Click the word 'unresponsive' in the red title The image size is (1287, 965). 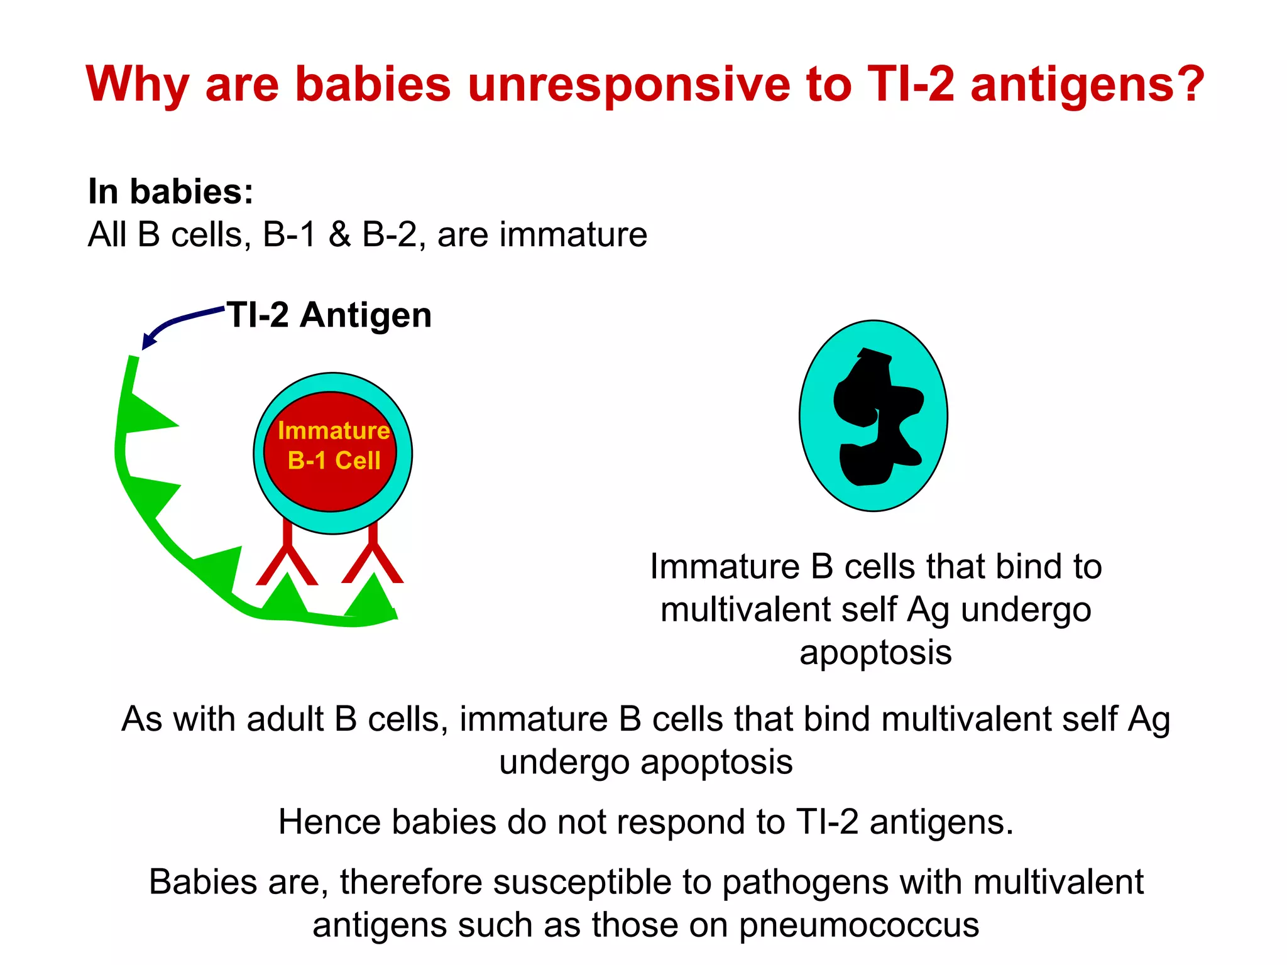click(629, 85)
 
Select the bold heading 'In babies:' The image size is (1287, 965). click(170, 192)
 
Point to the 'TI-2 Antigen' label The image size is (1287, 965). click(329, 315)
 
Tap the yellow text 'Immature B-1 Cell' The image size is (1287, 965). click(333, 445)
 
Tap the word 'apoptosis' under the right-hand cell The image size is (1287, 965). click(875, 652)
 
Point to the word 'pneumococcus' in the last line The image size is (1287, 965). click(858, 925)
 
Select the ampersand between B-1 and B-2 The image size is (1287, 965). click(339, 235)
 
